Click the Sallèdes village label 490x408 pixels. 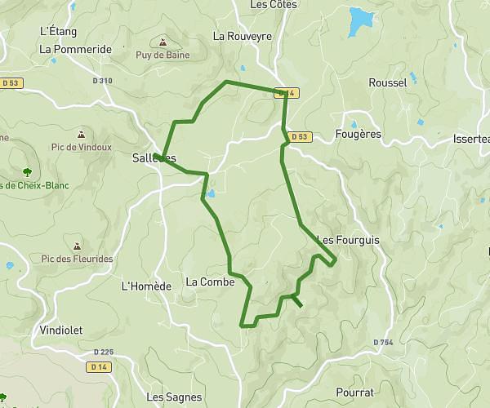154,158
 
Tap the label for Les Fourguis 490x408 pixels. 347,240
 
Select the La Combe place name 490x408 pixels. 210,282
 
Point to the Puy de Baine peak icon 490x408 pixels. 163,42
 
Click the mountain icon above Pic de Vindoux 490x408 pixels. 80,133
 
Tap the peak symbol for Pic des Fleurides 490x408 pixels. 77,245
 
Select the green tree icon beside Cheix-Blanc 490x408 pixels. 27,172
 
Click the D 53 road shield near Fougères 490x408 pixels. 299,136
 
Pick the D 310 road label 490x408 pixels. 102,80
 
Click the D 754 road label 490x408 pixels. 383,342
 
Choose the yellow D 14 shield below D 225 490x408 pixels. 99,367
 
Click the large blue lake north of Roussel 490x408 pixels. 360,18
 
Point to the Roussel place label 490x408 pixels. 387,82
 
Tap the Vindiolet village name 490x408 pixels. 60,330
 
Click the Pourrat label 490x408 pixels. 354,392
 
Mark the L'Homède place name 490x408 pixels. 146,286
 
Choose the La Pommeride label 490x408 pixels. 75,49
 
